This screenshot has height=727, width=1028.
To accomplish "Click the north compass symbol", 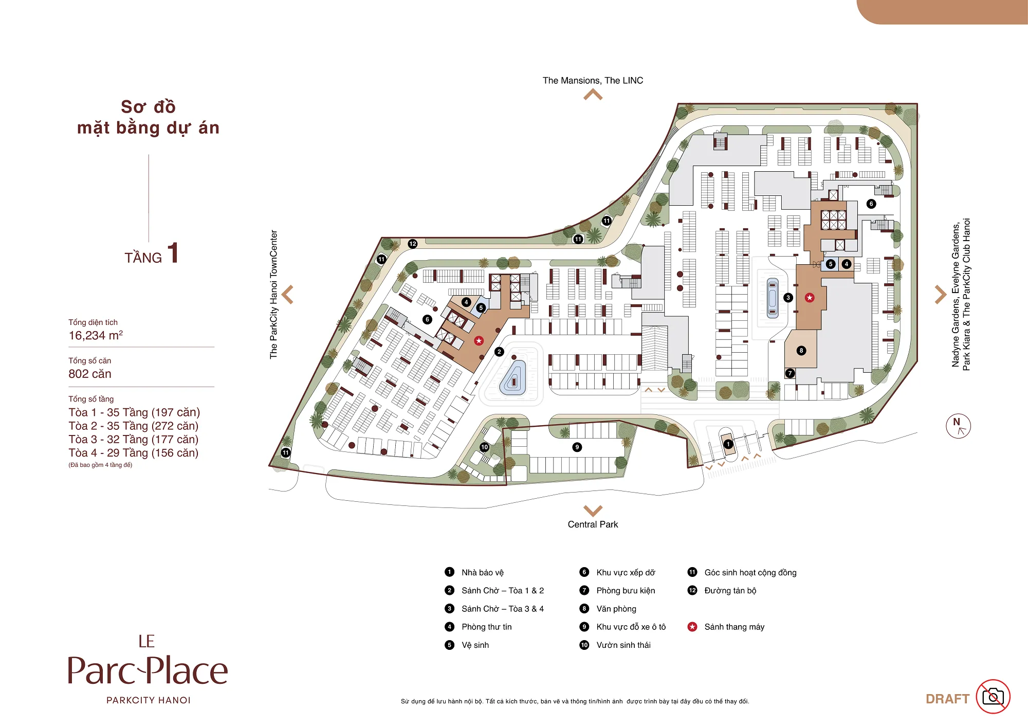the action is click(958, 426).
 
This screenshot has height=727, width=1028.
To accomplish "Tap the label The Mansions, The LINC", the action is click(593, 81).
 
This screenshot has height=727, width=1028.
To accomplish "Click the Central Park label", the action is click(593, 524).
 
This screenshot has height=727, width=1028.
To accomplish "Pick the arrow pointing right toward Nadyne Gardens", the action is click(940, 295).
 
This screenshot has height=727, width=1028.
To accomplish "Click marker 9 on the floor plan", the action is click(577, 447).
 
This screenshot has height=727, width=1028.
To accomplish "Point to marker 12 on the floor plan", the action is click(413, 244).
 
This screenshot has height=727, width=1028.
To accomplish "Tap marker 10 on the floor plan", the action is click(484, 447).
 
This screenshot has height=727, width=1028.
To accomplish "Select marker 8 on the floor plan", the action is click(801, 351).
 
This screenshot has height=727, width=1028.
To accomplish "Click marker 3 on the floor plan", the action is click(788, 298).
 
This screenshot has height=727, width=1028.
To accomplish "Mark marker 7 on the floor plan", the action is click(790, 373).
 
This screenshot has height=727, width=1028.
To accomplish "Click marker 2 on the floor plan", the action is click(499, 352).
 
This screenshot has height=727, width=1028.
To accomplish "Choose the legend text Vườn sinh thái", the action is click(623, 645).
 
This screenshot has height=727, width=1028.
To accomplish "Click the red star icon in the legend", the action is click(692, 627).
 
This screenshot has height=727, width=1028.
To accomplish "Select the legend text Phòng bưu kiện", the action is click(626, 591).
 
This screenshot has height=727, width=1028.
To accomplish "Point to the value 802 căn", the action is click(90, 374).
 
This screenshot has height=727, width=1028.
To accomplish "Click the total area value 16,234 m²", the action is click(96, 335).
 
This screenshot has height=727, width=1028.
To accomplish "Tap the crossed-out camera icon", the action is click(993, 697).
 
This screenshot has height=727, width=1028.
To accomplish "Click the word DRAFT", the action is click(947, 699).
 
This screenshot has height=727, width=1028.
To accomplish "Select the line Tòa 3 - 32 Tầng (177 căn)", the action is click(134, 440).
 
